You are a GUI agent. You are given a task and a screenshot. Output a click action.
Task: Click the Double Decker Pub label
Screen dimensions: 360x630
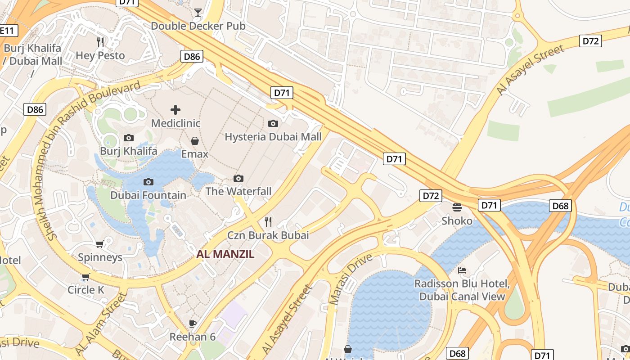pyautogui.click(x=198, y=26)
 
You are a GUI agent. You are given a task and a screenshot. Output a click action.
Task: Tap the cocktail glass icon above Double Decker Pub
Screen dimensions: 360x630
pyautogui.click(x=198, y=12)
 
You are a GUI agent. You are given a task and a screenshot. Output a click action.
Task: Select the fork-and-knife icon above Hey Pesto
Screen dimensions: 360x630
pyautogui.click(x=100, y=42)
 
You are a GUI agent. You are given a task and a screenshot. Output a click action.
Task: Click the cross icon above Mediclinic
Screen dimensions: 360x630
pyautogui.click(x=175, y=109)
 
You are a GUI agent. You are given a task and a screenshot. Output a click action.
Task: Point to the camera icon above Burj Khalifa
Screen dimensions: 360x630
pyautogui.click(x=129, y=138)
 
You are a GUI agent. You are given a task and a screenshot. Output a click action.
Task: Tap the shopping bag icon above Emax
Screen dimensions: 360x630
pyautogui.click(x=195, y=141)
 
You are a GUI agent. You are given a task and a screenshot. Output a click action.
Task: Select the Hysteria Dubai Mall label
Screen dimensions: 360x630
pyautogui.click(x=273, y=136)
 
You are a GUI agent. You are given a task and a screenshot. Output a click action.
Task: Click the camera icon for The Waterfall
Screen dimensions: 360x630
pyautogui.click(x=238, y=178)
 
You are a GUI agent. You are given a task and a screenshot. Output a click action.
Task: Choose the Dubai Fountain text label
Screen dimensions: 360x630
pyautogui.click(x=148, y=195)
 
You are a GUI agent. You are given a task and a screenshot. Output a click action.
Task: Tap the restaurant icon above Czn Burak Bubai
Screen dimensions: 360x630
pyautogui.click(x=268, y=221)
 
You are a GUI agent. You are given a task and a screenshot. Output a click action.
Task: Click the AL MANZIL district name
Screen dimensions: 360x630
pyautogui.click(x=225, y=254)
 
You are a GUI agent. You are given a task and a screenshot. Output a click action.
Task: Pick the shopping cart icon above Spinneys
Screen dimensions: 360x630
pyautogui.click(x=100, y=244)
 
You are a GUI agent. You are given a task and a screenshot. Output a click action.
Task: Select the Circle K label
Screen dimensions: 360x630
pyautogui.click(x=85, y=290)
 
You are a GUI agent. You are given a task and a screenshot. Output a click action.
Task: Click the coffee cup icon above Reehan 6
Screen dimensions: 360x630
pyautogui.click(x=193, y=324)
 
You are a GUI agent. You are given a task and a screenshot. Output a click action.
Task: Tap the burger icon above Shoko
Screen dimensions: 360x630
pyautogui.click(x=457, y=207)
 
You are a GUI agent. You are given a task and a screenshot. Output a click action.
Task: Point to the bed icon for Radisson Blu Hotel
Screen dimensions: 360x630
pyautogui.click(x=462, y=270)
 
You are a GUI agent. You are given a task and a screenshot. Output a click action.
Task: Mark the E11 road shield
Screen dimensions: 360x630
pyautogui.click(x=8, y=31)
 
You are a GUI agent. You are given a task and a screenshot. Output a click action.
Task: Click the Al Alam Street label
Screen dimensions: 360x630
pyautogui.click(x=100, y=323)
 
